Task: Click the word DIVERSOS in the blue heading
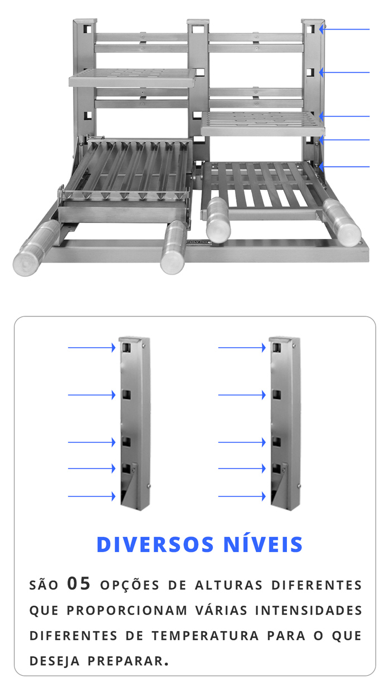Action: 155,544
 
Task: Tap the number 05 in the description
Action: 79,584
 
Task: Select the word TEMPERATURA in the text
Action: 205,636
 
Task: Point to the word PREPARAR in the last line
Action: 128,661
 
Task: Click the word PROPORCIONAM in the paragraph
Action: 127,611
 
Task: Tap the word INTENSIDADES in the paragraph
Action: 309,611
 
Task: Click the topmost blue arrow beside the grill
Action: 344,30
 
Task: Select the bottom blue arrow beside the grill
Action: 344,167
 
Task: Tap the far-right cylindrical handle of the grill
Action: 342,222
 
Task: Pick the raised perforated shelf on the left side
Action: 133,77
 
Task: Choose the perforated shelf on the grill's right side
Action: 262,124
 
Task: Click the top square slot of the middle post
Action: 198,29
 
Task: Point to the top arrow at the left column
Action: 92,348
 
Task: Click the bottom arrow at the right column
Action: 242,496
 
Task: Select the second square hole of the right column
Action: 277,395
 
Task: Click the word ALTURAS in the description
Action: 229,585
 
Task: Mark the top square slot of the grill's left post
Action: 87,29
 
